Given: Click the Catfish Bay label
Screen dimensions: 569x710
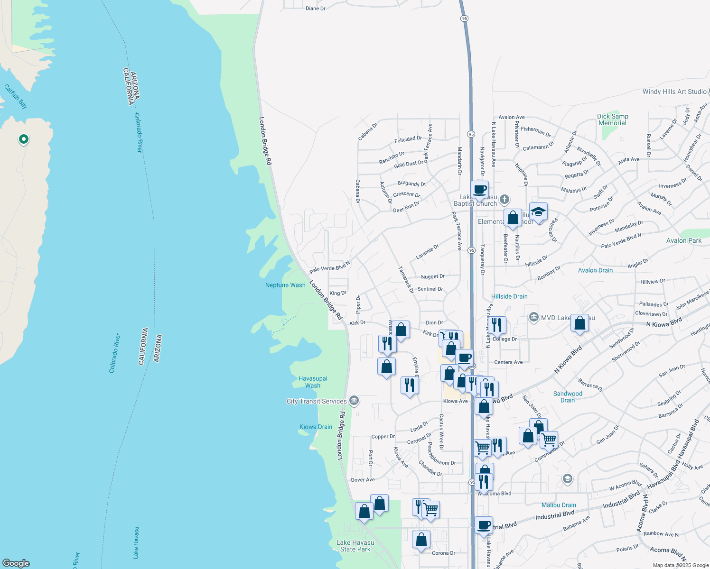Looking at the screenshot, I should [16, 96].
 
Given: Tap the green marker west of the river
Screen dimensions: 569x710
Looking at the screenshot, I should [23, 139].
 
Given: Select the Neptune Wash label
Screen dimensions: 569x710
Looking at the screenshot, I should [285, 285].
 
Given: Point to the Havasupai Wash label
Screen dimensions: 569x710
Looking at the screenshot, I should [313, 382].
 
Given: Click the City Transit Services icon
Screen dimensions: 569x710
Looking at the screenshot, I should [354, 401].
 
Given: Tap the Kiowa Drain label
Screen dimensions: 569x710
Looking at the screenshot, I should [316, 427].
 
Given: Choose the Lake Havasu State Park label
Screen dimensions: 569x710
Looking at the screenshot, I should [355, 546].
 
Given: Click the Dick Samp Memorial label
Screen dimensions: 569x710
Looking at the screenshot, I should [613, 119].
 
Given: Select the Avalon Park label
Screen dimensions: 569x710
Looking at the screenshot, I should [683, 240].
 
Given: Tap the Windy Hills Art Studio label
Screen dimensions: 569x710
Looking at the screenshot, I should [674, 92].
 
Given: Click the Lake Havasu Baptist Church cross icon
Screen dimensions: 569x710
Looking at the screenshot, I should [504, 200].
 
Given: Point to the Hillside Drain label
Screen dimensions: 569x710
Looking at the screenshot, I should [509, 296].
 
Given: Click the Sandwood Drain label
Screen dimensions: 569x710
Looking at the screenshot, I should [568, 397].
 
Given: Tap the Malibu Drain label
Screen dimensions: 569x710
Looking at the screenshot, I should [559, 505].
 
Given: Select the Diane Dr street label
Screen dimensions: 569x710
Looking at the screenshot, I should [316, 9].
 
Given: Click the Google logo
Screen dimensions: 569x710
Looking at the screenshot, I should [16, 563].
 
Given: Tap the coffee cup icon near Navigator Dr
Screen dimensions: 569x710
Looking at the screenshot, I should [479, 189].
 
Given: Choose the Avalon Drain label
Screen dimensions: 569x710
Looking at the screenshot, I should [595, 270].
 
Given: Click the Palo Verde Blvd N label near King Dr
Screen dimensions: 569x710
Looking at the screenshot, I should [329, 266].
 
